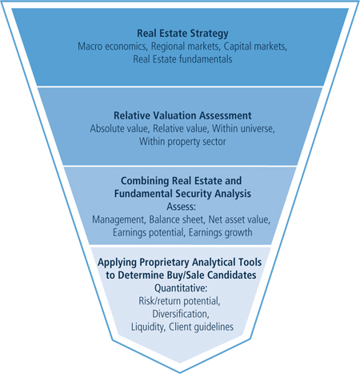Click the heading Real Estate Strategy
182,34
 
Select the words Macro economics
112,46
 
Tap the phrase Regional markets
185,46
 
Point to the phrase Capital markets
255,46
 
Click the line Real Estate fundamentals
182,59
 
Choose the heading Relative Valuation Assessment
182,115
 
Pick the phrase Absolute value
119,129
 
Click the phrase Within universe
243,129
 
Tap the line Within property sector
182,142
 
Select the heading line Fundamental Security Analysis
182,194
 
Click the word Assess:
182,207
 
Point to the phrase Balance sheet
176,219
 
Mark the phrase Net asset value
239,219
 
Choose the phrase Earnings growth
221,232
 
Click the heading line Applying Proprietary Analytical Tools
180,262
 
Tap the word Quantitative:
181,288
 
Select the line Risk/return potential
180,301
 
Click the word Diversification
181,314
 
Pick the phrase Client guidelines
201,327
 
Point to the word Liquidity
148,327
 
